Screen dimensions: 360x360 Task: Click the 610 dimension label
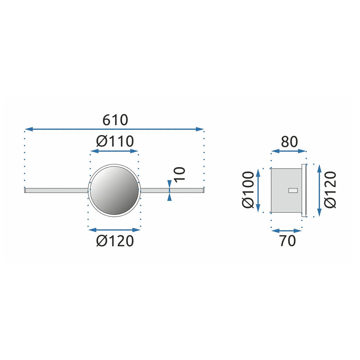point(115,120)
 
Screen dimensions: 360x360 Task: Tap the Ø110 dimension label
point(115,141)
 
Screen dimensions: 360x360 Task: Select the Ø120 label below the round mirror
point(115,241)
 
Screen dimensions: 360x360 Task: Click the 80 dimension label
point(289,141)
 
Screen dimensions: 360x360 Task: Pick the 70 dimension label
point(287,241)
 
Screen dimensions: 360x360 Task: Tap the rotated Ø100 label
point(248,190)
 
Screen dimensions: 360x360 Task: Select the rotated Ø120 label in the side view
point(330,190)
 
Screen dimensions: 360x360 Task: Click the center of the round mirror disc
point(114,190)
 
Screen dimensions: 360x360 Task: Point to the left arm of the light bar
point(56,190)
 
